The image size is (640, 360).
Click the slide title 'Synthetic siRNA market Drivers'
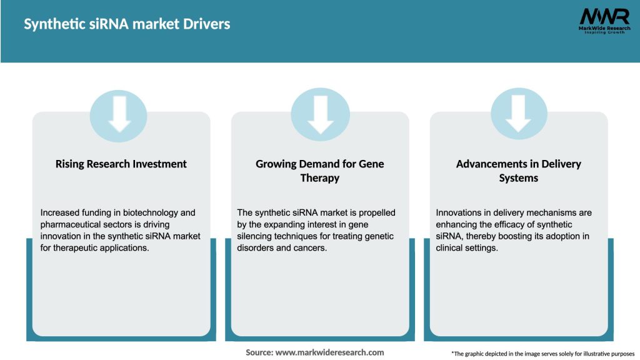127,24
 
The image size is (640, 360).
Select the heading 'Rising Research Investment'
121,164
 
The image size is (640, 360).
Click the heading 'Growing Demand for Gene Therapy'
320,171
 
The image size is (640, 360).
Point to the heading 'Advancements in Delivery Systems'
518,171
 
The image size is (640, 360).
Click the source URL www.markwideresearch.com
329,352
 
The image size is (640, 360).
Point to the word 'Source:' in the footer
259,352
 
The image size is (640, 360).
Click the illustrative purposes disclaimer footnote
542,354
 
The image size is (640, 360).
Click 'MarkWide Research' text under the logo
604,28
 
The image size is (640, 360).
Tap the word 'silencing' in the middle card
257,235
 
